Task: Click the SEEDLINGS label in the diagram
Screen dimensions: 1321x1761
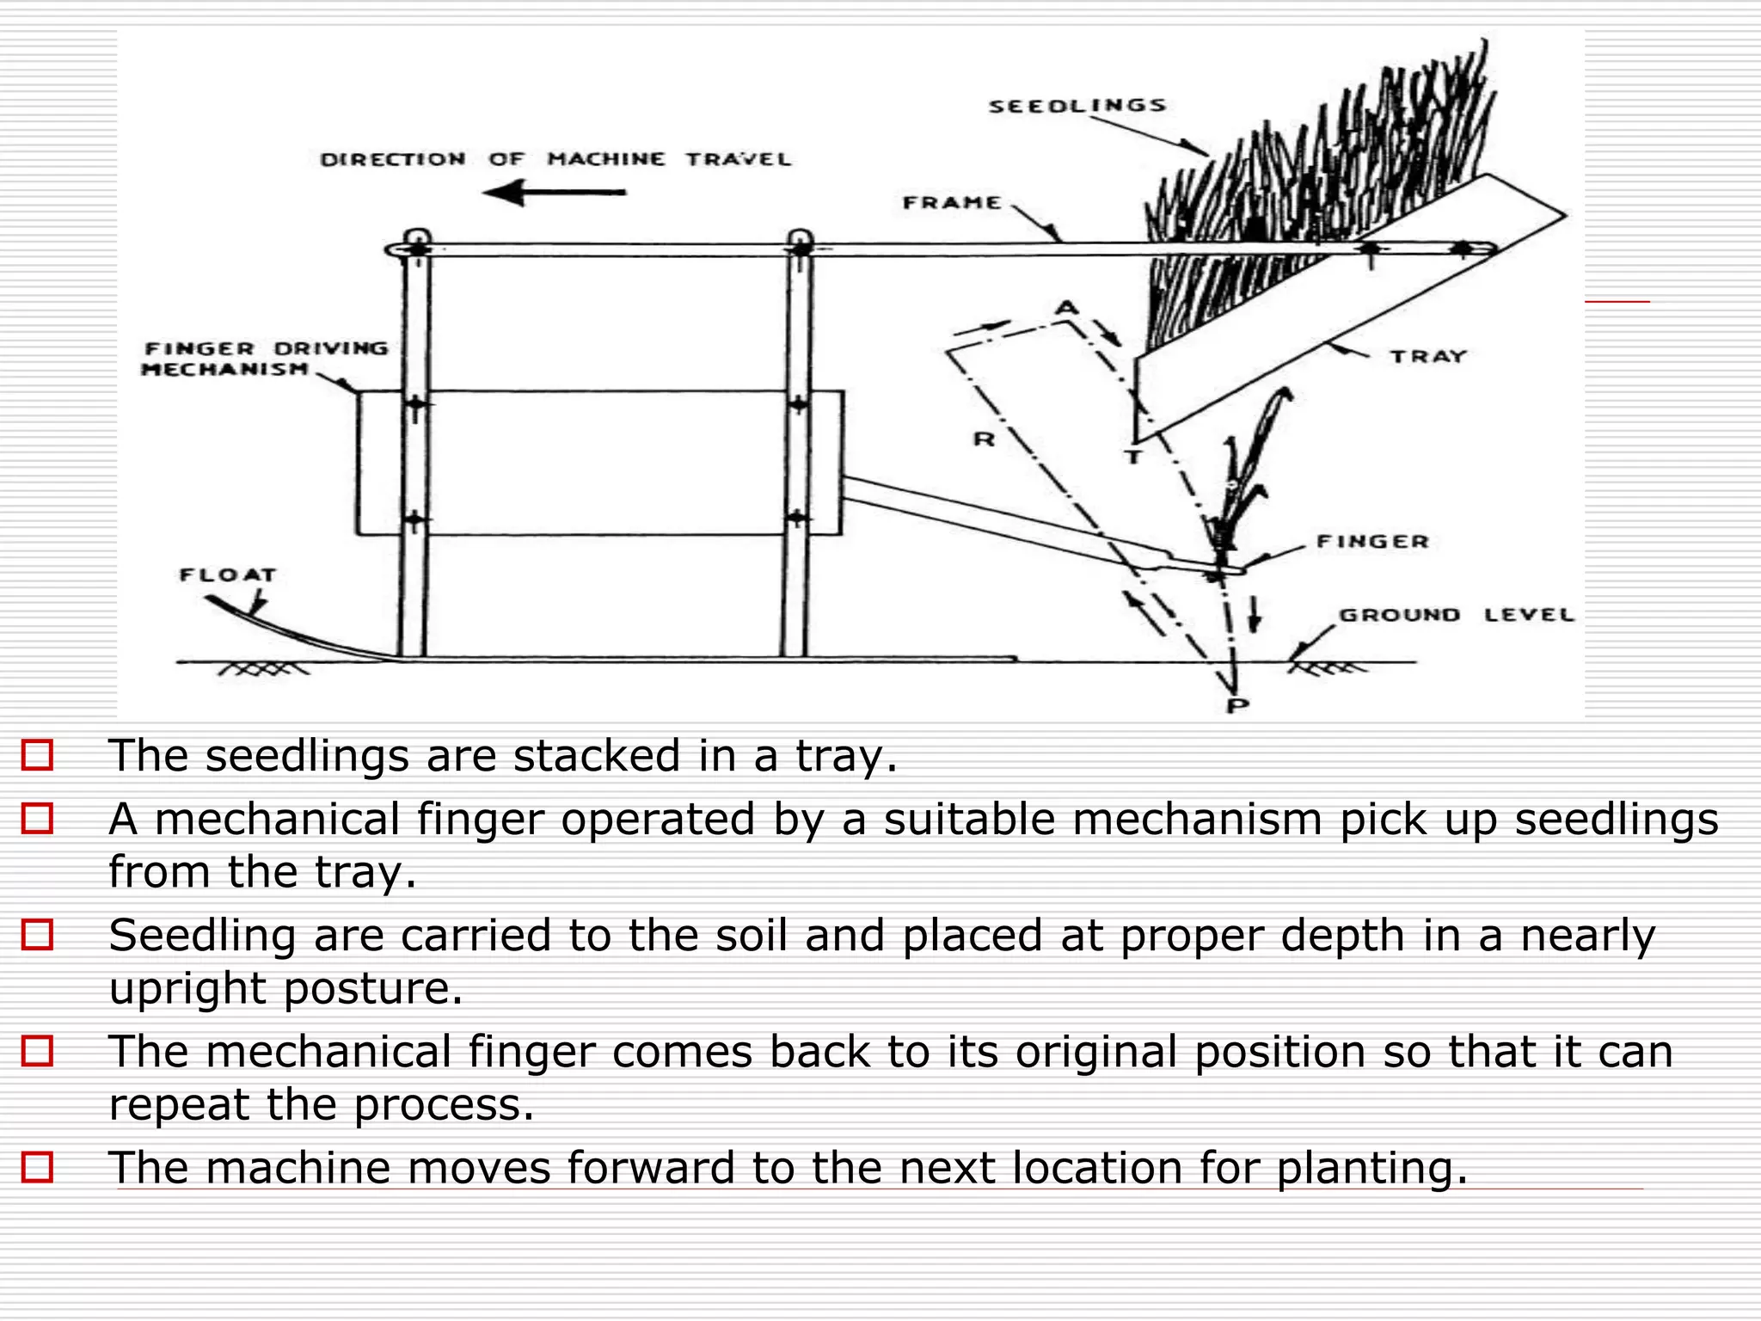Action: (x=1077, y=106)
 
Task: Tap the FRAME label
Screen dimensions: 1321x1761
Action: (x=952, y=203)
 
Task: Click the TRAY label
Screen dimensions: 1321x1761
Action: (x=1428, y=356)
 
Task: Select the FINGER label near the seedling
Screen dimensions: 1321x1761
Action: (x=1372, y=542)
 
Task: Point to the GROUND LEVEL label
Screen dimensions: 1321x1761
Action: (x=1456, y=615)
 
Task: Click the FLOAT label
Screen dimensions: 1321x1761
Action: (x=228, y=575)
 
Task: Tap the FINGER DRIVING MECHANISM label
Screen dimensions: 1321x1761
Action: (x=265, y=359)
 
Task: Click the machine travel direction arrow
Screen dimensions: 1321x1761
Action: (x=555, y=193)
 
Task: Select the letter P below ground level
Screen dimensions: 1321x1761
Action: (x=1236, y=706)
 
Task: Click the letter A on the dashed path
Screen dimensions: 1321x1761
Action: (x=1066, y=307)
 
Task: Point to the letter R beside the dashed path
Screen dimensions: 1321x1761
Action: (x=984, y=439)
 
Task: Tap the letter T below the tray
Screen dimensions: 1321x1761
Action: (x=1134, y=457)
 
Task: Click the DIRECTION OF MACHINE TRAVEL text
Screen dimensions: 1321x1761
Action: (x=555, y=159)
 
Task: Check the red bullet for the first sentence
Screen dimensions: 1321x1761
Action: (x=37, y=755)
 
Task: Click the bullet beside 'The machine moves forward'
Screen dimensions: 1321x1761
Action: (x=37, y=1167)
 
